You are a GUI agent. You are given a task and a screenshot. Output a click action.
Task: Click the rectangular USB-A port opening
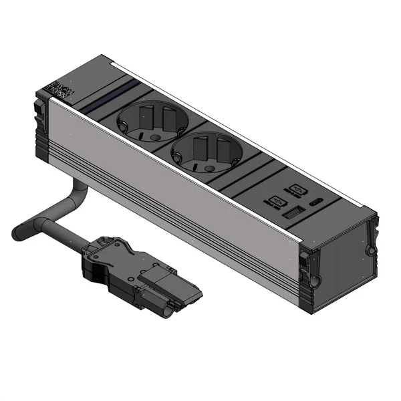(293, 215)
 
